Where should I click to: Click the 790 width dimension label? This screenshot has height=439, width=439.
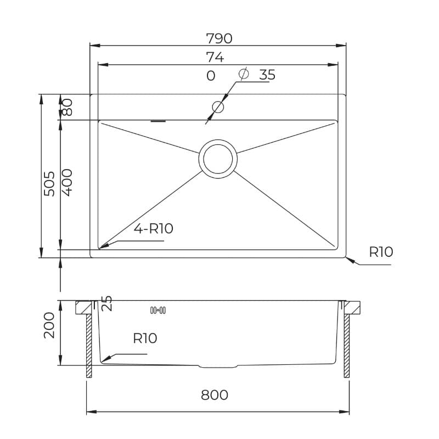pos(219,38)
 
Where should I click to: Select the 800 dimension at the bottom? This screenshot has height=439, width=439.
pos(215,395)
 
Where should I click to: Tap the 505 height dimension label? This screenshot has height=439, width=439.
pos(49,184)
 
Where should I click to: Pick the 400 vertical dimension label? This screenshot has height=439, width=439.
pos(67,183)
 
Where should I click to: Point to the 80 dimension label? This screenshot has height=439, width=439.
pos(67,108)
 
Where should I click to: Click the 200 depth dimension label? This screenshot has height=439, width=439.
pos(49,325)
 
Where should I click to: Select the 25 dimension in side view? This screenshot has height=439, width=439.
pos(106,303)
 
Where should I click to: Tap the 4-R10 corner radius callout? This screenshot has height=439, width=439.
pos(154,229)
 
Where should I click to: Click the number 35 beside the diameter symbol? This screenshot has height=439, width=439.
pos(267,75)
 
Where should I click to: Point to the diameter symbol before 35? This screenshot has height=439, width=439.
pos(244,74)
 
